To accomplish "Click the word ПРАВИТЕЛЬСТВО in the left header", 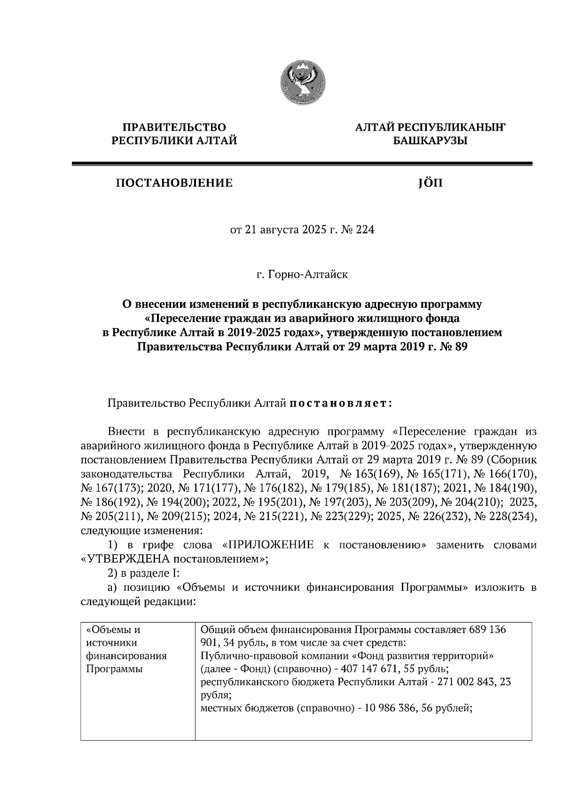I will [x=174, y=127].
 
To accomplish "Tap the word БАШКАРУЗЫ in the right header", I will [x=430, y=141].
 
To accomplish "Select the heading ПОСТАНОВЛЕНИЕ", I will [x=174, y=183].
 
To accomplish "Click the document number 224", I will [x=365, y=231].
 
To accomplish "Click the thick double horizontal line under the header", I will [x=302, y=164].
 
